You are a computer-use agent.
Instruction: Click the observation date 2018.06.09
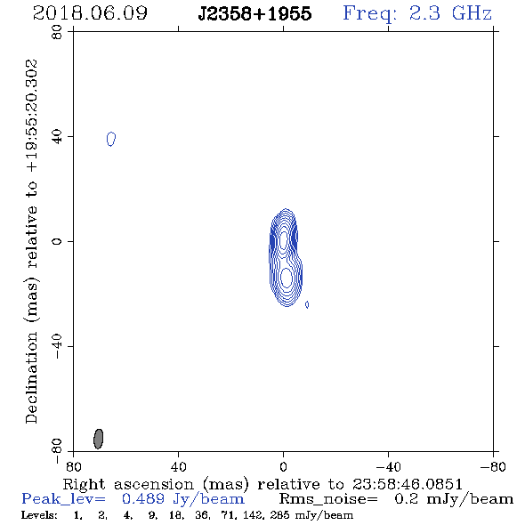click(x=90, y=13)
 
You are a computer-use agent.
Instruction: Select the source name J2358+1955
click(x=254, y=14)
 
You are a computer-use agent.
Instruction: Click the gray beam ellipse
click(x=98, y=439)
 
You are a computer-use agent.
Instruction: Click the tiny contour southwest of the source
click(x=307, y=304)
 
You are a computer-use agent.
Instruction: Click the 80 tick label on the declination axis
click(x=58, y=32)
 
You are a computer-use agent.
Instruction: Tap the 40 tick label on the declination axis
click(x=58, y=137)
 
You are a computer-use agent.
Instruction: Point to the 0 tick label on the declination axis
click(x=58, y=241)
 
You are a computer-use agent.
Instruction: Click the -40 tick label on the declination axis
click(x=58, y=347)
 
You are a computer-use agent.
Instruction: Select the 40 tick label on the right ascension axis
click(x=179, y=467)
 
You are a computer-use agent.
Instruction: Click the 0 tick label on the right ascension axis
click(x=283, y=467)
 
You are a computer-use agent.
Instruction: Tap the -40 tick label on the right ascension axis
click(x=388, y=467)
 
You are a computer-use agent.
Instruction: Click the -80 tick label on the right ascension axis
click(x=493, y=467)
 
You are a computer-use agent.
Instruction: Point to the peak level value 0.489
click(x=143, y=499)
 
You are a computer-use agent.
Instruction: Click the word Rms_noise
click(x=327, y=499)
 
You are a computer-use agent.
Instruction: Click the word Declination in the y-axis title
click(x=31, y=378)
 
